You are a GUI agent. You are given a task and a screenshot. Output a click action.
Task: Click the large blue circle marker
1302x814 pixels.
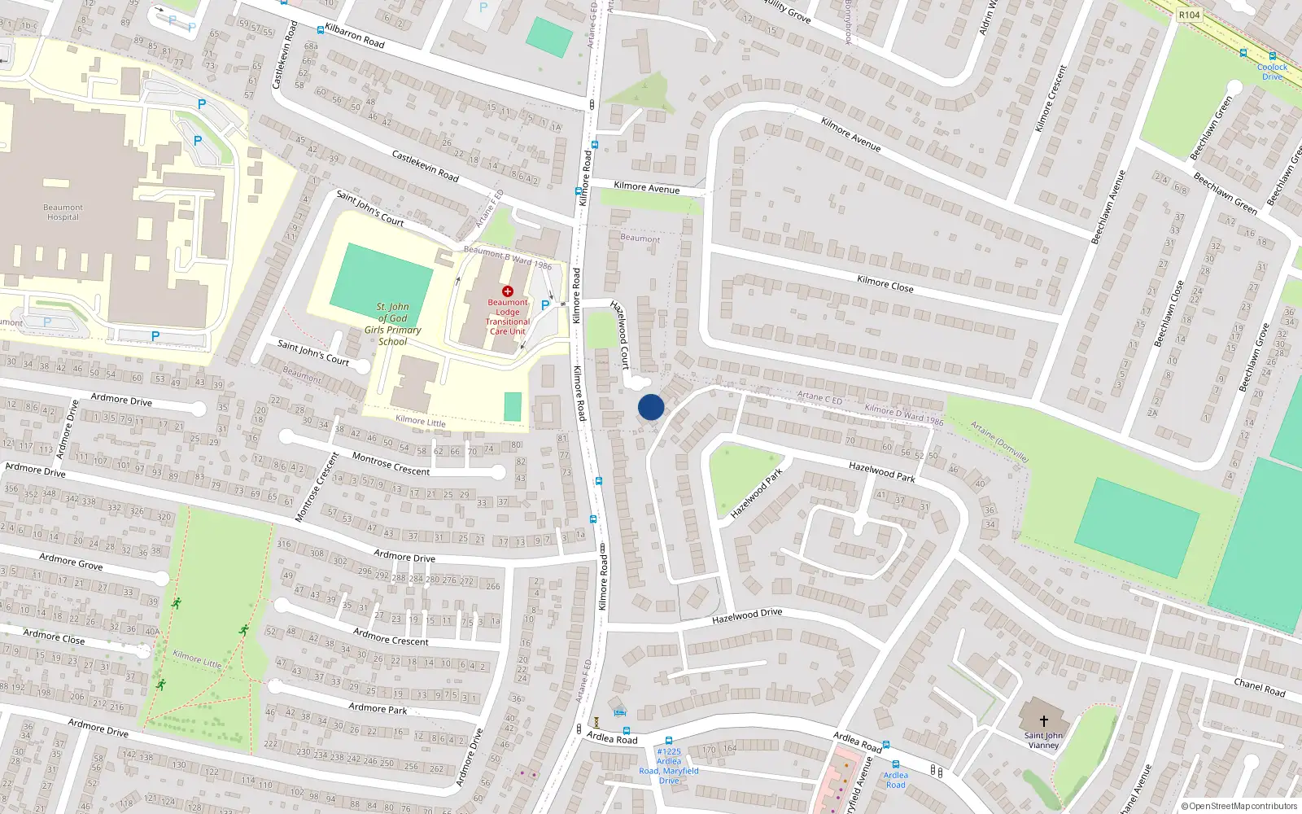pos(651,407)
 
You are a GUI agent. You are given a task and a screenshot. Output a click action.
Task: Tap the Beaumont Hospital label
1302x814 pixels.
pos(63,212)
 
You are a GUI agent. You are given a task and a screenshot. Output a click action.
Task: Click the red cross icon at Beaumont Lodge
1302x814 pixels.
pos(508,291)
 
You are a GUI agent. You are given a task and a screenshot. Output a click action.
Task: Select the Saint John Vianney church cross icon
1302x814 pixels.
pos(1044,720)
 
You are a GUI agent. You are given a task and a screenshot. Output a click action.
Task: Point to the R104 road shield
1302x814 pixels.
pos(1189,15)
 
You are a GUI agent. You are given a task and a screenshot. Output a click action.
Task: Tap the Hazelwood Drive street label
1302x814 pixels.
pos(747,617)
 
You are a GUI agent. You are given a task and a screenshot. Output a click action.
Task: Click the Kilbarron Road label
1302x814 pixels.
pos(355,36)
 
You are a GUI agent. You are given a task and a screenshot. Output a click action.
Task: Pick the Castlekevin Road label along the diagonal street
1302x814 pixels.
pos(425,166)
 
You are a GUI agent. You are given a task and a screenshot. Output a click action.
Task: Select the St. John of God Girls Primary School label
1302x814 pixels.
pos(392,324)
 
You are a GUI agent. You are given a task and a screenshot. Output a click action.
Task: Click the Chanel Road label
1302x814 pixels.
pos(1259,687)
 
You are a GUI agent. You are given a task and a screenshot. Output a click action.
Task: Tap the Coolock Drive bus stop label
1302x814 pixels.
pos(1272,72)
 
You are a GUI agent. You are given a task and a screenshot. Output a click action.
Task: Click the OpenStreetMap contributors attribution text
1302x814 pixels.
pos(1239,807)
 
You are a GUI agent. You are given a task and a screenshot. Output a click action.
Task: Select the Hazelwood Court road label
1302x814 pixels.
pos(620,335)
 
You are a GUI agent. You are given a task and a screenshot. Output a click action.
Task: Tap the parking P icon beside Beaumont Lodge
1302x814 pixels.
pos(545,305)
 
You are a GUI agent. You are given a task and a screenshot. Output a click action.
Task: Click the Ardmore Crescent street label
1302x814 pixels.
pos(391,637)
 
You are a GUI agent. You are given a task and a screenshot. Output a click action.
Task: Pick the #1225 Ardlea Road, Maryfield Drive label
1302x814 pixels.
pos(669,766)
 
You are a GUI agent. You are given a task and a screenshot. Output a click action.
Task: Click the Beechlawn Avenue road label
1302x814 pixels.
pos(1108,207)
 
